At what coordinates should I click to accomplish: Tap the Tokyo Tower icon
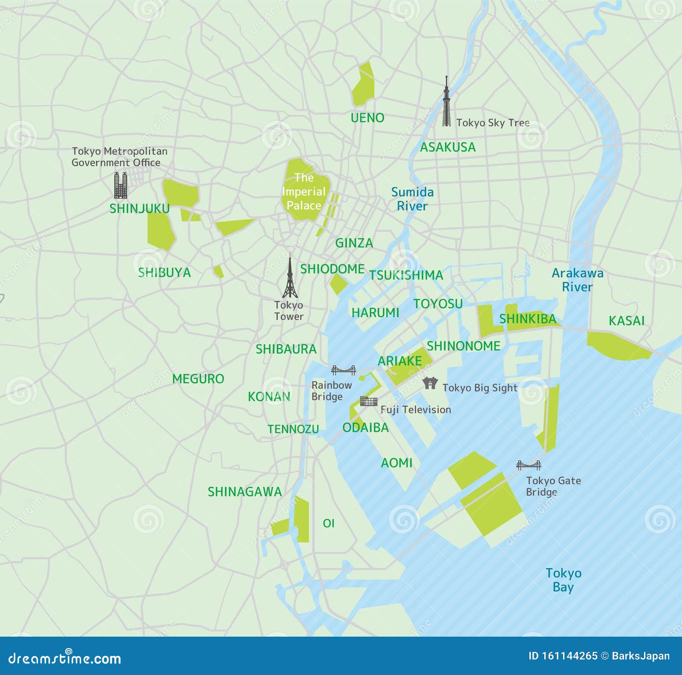tap(290, 276)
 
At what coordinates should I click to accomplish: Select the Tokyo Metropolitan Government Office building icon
tap(121, 185)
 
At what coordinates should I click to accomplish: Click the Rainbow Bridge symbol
tap(344, 370)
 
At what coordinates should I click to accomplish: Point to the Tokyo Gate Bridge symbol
tap(529, 465)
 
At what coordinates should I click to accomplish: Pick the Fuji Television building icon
tap(369, 401)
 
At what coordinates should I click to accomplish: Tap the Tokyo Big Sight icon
tap(430, 383)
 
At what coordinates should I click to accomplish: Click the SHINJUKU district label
tap(139, 208)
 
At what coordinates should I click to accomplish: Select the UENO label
tap(367, 118)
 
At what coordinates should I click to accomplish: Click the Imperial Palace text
tap(303, 191)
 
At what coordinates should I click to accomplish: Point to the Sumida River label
tap(412, 199)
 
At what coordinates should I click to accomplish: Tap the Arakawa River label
tap(578, 280)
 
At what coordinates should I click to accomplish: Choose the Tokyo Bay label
tap(564, 580)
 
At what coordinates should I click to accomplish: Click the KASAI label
tap(626, 320)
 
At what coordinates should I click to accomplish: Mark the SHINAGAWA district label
tap(245, 492)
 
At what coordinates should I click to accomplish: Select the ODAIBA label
tap(365, 427)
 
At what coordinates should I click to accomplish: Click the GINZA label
tap(354, 243)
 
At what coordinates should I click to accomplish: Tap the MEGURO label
tap(198, 378)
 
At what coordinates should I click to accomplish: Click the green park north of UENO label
tap(363, 84)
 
